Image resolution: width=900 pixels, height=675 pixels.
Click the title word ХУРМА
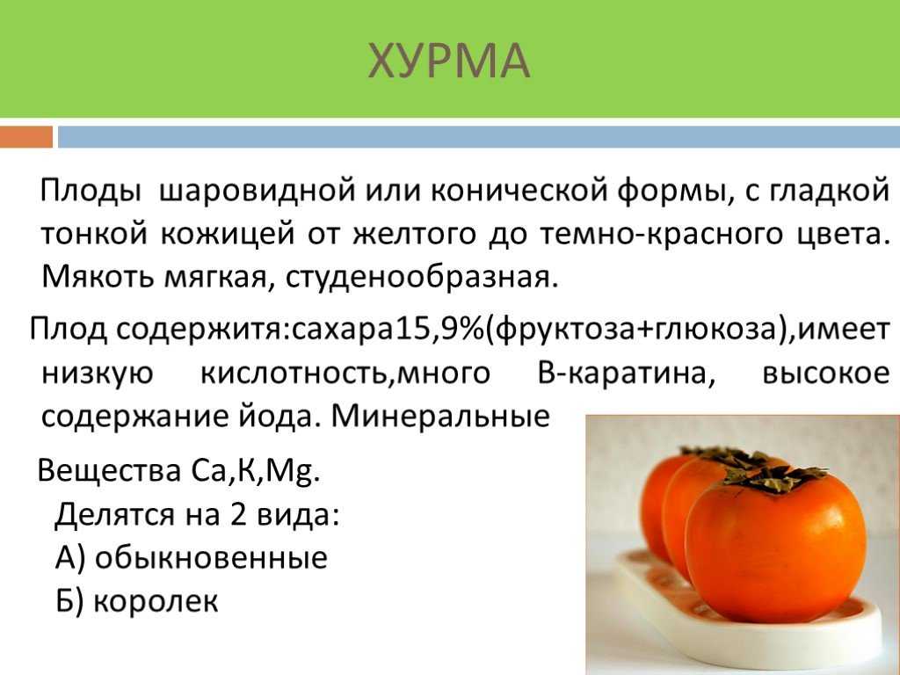[x=449, y=61]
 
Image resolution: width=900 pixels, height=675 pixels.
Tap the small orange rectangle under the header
[x=26, y=137]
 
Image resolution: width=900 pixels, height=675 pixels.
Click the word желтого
[x=413, y=234]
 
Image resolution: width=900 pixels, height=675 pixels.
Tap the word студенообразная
[x=422, y=279]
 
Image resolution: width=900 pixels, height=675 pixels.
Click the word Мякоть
[x=98, y=278]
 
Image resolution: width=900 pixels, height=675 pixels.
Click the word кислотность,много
[x=345, y=374]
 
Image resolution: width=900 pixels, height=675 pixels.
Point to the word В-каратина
[x=627, y=374]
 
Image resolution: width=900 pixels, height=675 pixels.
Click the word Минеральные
[x=440, y=416]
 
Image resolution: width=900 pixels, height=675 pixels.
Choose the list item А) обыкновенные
[x=192, y=557]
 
